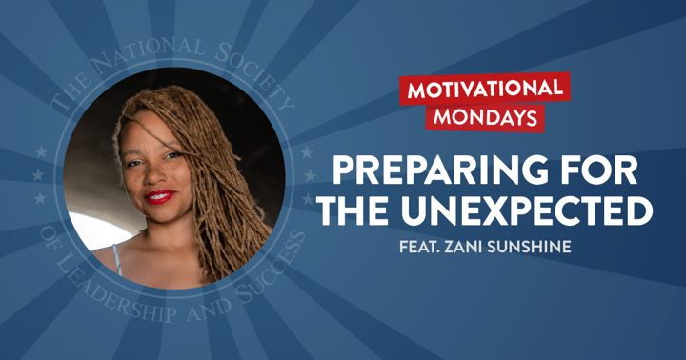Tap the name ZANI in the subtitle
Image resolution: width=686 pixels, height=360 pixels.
click(x=473, y=244)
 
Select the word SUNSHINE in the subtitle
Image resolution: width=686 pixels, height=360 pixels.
click(x=538, y=244)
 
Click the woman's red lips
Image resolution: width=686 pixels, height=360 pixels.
click(x=158, y=197)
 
